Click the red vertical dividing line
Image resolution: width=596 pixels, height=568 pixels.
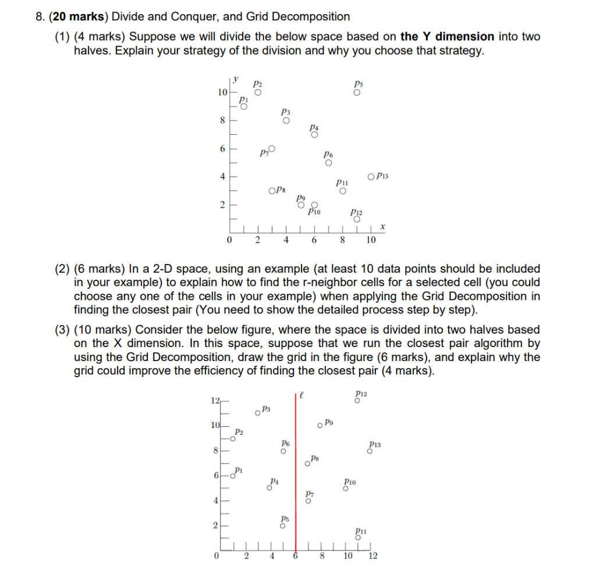pos(296,477)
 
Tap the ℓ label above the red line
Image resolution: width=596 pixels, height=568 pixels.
pos(303,396)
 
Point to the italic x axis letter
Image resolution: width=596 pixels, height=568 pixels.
pos(382,226)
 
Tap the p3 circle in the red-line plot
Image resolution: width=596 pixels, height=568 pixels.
pos(257,413)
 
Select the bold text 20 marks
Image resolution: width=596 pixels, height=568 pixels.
pos(63,17)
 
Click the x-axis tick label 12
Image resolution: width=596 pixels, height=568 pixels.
pos(373,556)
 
